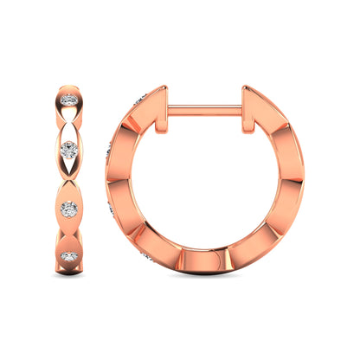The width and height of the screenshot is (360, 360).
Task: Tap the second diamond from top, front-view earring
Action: [x=69, y=148]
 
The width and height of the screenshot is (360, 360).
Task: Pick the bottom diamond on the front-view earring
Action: [x=69, y=257]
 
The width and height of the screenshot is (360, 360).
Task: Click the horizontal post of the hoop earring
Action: [x=204, y=109]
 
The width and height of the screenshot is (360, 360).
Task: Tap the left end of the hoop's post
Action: [x=169, y=109]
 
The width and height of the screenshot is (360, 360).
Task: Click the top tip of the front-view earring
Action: [x=69, y=85]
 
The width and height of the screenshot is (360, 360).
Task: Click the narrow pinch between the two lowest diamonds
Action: [x=69, y=234]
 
